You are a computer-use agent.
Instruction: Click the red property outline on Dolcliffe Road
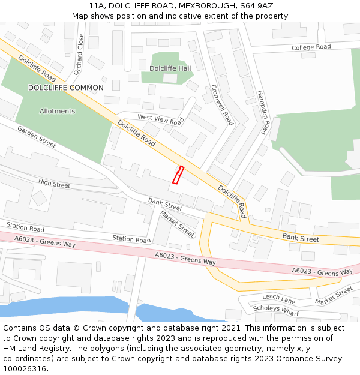(178, 175)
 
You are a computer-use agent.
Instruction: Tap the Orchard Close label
(79, 55)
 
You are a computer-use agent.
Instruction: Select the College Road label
(311, 47)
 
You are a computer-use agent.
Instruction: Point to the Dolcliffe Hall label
(170, 68)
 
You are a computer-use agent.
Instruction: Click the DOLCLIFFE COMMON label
(65, 88)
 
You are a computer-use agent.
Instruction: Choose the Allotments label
(57, 111)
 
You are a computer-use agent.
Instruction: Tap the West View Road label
(160, 119)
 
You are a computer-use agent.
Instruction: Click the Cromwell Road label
(222, 104)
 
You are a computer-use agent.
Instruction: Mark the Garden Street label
(36, 137)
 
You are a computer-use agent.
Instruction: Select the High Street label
(54, 183)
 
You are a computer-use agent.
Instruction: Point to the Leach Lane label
(279, 298)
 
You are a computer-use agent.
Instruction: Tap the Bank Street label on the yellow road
(301, 238)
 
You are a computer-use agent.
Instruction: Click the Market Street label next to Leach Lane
(334, 296)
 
